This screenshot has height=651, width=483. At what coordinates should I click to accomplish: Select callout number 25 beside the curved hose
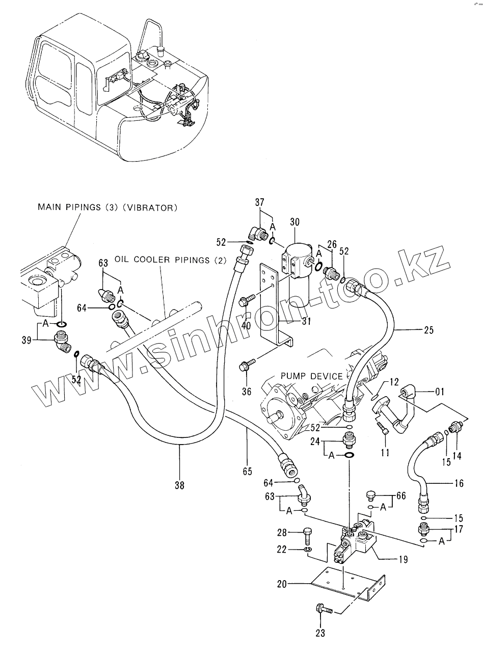[428, 330]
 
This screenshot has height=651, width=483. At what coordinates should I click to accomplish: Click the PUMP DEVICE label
[311, 376]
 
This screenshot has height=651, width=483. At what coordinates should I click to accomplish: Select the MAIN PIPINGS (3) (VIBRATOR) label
[108, 207]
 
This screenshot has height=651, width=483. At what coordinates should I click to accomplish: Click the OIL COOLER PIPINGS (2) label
[170, 261]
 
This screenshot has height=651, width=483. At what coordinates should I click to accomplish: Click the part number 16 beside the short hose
[459, 483]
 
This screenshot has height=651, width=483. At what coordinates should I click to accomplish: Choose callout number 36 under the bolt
[247, 392]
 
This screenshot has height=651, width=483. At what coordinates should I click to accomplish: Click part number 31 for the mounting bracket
[306, 321]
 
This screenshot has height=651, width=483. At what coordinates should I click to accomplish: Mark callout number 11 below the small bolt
[385, 452]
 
